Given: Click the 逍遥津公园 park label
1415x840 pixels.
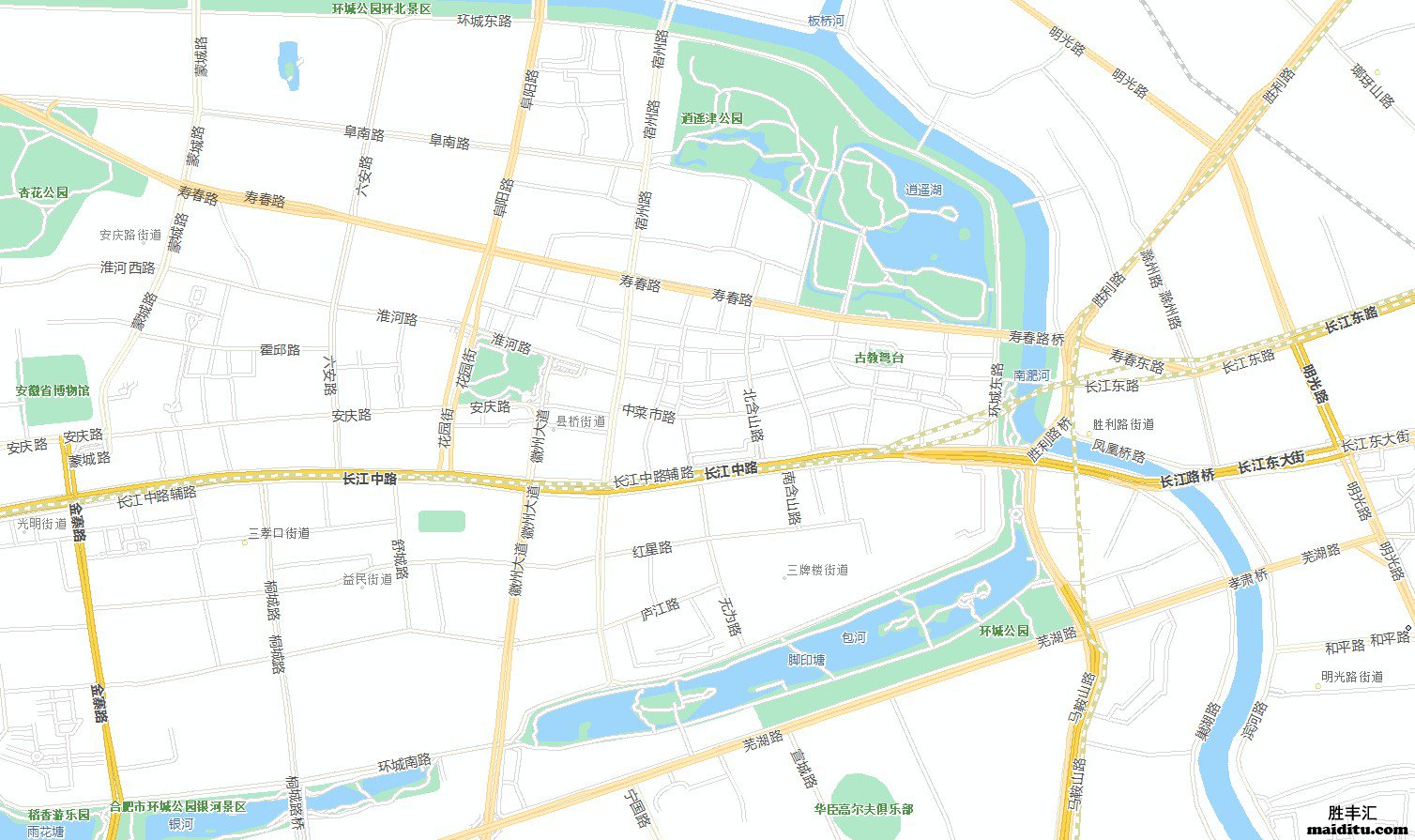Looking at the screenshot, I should point(712,119).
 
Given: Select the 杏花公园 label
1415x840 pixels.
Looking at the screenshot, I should point(44,192).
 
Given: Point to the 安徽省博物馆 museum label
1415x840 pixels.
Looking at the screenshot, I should point(53,390).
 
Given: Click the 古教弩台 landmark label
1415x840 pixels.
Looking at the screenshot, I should point(879,358).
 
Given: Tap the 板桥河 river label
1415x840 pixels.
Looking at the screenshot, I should point(826,21).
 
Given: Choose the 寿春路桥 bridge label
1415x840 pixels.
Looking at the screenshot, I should point(1037,336).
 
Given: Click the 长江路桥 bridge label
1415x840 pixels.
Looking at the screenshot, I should point(1187,479).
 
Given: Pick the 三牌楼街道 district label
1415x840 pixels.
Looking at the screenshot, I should point(817,570).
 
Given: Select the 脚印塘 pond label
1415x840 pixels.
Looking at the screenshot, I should point(806,660).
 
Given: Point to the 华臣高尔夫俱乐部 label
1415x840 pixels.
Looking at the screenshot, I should point(863,809).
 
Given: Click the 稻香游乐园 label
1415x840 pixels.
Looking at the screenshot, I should point(59,815).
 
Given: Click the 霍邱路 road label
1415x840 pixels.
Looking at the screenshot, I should point(280,350).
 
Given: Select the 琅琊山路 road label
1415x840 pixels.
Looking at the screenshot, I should point(1371,85).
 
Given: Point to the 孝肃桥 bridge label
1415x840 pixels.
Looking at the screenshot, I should point(1248,578).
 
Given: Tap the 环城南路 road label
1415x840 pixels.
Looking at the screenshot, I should point(404,764).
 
